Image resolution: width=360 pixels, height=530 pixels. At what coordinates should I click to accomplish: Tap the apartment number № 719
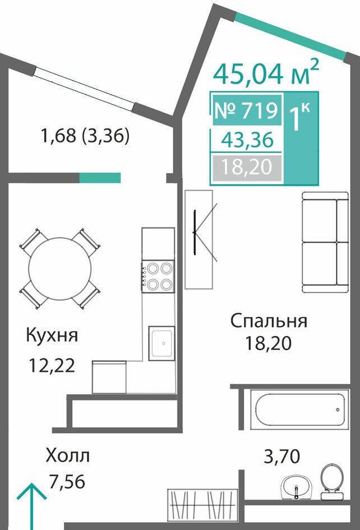coord(246,110)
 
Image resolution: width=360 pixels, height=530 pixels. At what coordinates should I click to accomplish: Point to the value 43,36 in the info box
coord(247,140)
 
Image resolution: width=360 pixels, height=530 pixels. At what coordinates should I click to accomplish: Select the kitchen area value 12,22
coord(52,366)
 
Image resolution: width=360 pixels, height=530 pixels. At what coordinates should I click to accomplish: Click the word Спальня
coord(269,321)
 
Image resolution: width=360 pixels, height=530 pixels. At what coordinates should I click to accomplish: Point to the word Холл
coord(68,455)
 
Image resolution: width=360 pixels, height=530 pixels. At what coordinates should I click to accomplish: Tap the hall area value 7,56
coord(66,481)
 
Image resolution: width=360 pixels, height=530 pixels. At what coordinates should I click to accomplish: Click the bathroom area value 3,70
coord(281,457)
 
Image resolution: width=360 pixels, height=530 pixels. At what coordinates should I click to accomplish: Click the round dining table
coord(60,269)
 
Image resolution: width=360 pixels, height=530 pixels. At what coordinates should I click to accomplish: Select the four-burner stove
coord(158,277)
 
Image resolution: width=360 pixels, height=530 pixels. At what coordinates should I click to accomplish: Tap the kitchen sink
coord(162,343)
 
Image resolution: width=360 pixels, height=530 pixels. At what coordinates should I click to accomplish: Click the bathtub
coord(299,410)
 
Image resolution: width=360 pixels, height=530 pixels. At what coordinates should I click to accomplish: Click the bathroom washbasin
coord(297,487)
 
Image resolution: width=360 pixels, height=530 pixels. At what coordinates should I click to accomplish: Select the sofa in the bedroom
coord(325,243)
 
